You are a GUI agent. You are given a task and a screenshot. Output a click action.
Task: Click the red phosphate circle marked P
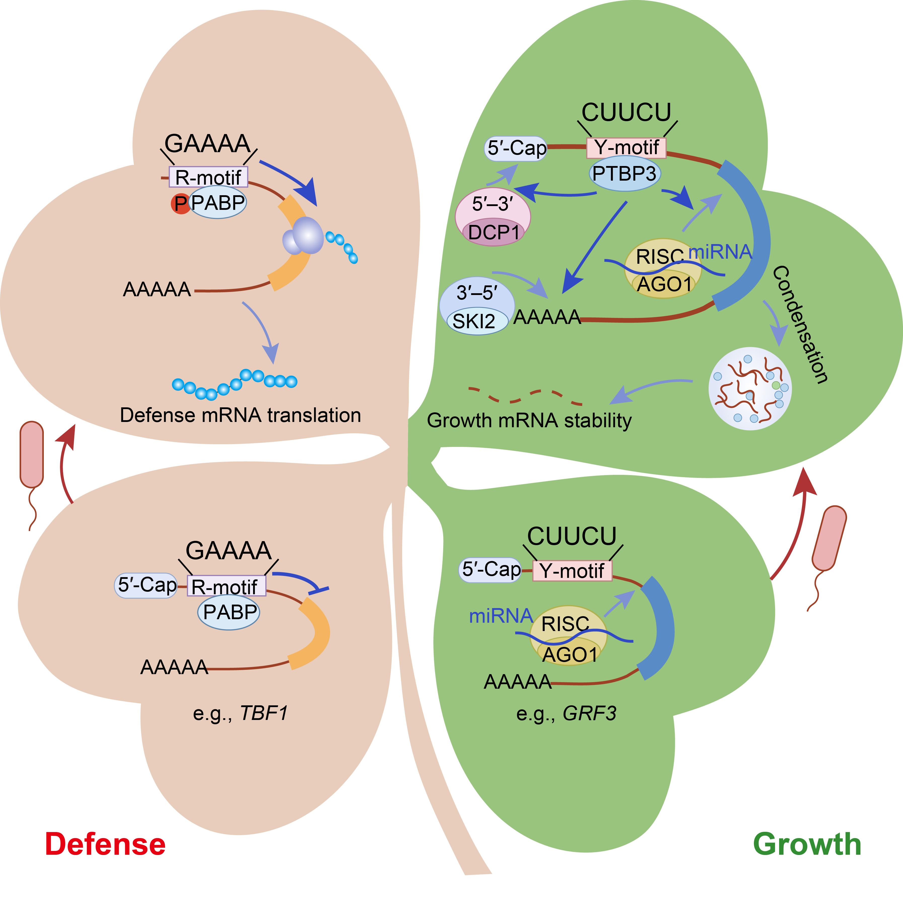[x=180, y=204]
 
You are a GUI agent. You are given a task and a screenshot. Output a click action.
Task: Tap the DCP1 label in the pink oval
[x=493, y=233]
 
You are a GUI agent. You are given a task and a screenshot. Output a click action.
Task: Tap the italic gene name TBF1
[x=264, y=713]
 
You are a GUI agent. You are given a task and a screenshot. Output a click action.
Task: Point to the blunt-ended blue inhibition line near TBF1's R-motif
[x=303, y=582]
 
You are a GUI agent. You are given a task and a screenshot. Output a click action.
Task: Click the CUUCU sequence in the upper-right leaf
[x=626, y=112]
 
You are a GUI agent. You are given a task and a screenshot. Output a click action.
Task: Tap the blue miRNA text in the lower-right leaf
[x=500, y=616]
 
